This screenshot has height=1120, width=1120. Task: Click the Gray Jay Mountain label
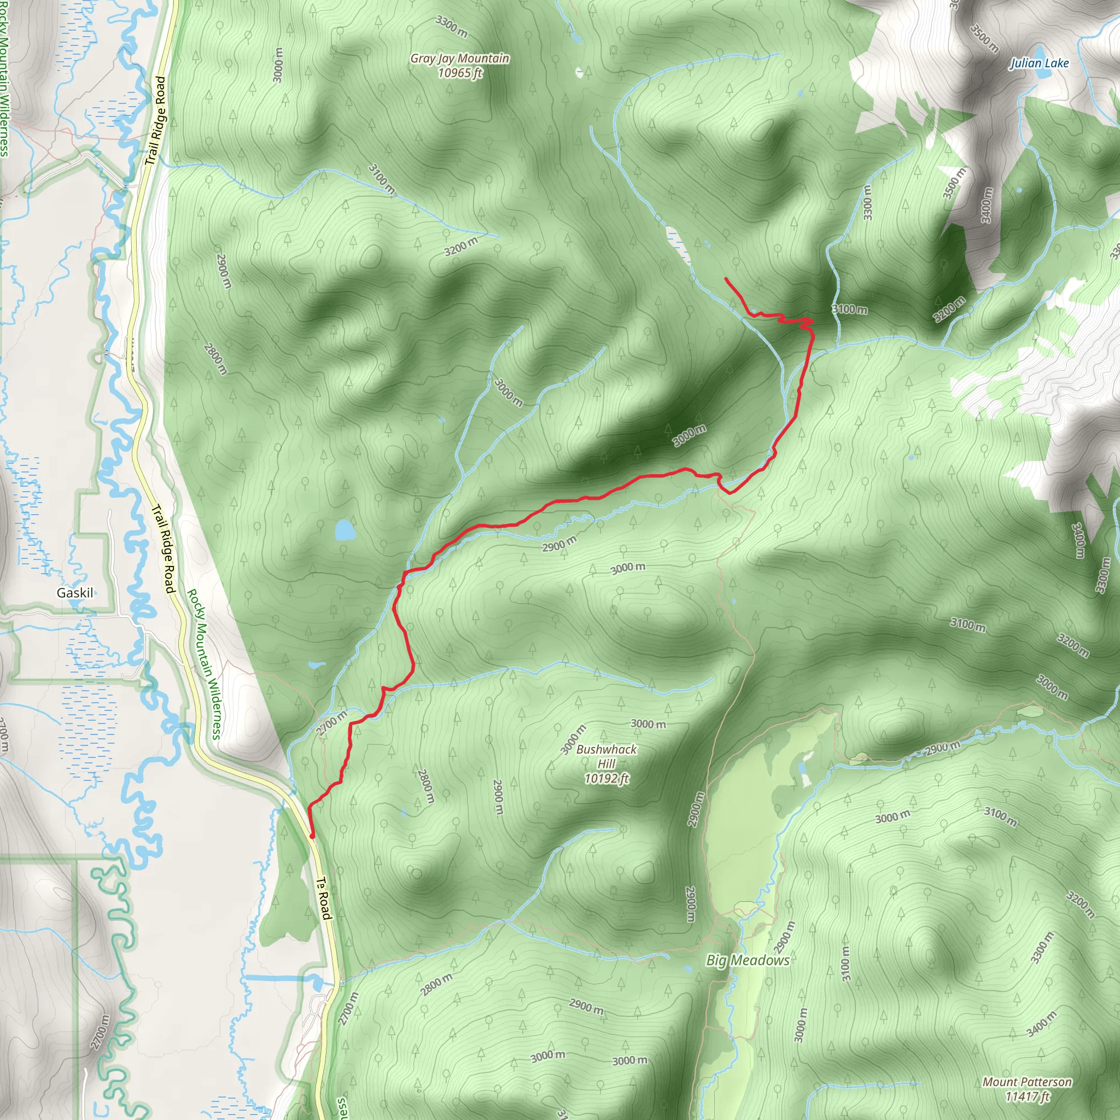[460, 58]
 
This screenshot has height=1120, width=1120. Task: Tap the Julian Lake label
[1040, 63]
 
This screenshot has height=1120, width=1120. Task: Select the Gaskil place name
[75, 592]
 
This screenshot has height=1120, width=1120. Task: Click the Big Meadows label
[748, 960]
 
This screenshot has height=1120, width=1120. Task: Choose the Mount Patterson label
[1027, 1082]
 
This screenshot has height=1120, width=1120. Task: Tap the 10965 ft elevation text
[460, 73]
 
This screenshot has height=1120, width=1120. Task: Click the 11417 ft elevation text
[1027, 1096]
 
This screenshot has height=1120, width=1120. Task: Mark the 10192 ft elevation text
[606, 779]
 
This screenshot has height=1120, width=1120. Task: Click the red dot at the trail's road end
[312, 836]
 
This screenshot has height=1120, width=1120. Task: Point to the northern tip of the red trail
[726, 279]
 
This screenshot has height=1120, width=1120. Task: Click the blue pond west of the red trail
[345, 530]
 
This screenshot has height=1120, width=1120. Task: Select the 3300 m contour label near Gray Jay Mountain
[452, 27]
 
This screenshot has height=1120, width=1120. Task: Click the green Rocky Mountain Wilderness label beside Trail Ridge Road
[204, 664]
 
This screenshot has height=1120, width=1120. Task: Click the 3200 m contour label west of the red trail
[462, 247]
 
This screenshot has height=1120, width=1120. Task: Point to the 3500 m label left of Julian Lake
[984, 38]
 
